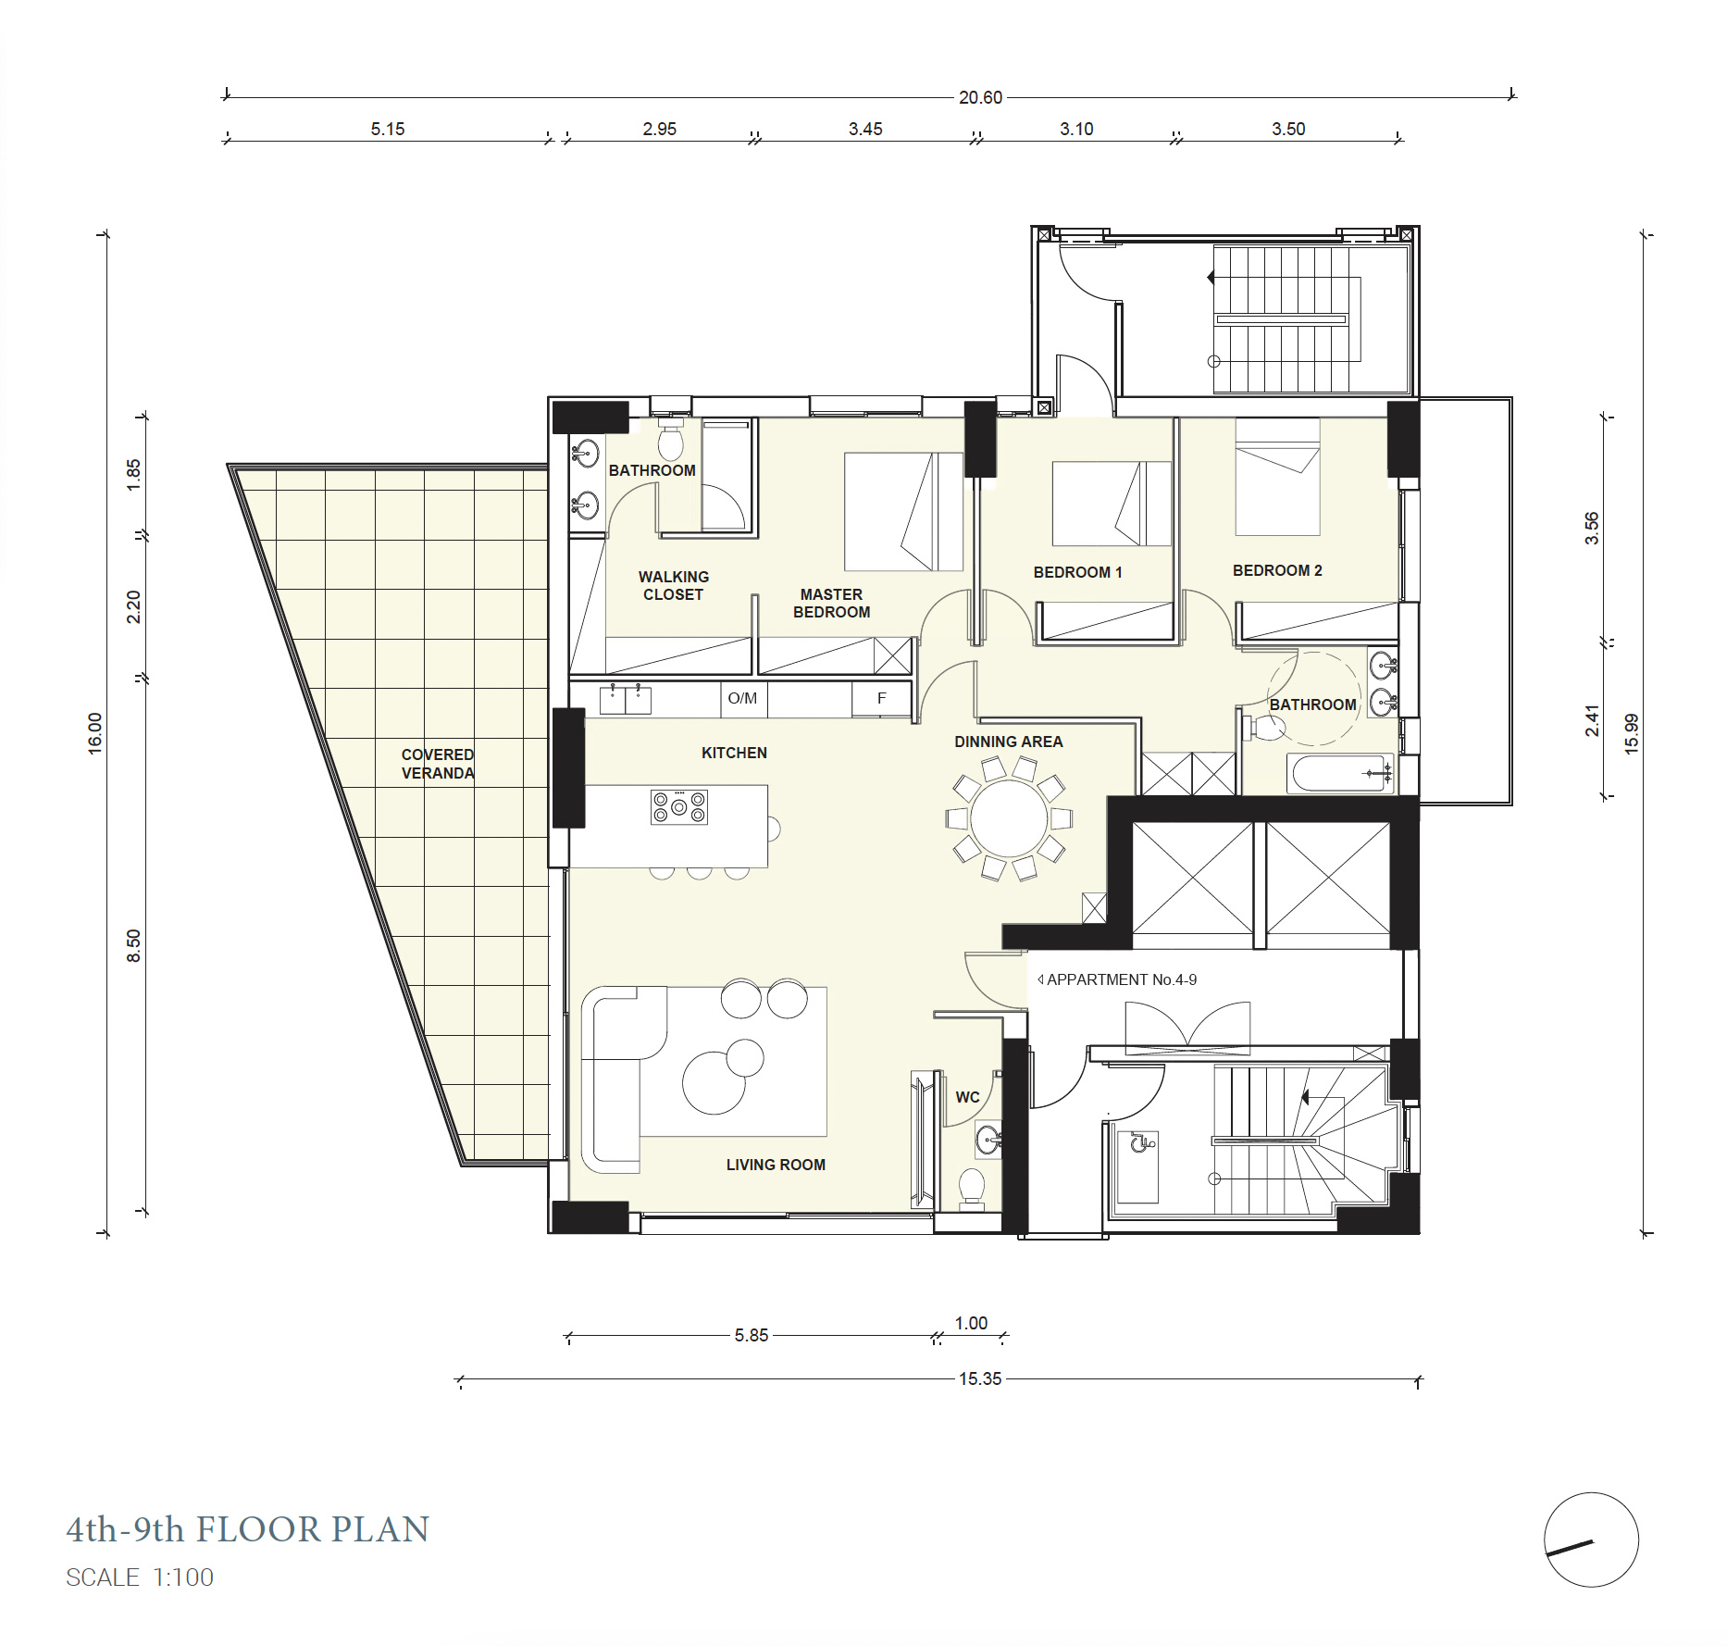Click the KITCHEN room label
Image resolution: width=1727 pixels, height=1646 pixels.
pyautogui.click(x=734, y=753)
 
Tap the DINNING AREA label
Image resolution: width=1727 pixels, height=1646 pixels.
pyautogui.click(x=1008, y=742)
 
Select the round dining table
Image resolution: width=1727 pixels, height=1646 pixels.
pyautogui.click(x=1009, y=818)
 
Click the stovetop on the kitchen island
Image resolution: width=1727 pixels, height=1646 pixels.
pyautogui.click(x=678, y=806)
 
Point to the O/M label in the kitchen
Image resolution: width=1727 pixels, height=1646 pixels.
pyautogui.click(x=742, y=698)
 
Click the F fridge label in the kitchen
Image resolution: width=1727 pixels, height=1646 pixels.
pyautogui.click(x=881, y=698)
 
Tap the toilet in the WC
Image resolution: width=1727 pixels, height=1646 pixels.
pyautogui.click(x=971, y=1188)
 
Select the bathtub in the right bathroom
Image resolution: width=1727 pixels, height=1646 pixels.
pyautogui.click(x=1340, y=773)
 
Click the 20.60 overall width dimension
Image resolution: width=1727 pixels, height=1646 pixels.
pyautogui.click(x=980, y=97)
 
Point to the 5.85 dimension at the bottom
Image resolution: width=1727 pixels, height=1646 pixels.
pyautogui.click(x=752, y=1335)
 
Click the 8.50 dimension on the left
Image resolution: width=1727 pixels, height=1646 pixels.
pyautogui.click(x=134, y=945)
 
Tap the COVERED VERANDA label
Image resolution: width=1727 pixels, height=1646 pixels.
pyautogui.click(x=438, y=764)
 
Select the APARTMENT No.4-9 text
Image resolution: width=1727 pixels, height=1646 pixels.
pyautogui.click(x=1121, y=979)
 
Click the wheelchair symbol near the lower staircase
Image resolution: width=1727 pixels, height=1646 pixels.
pyautogui.click(x=1141, y=1143)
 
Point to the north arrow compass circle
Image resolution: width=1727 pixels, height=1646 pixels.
pyautogui.click(x=1591, y=1540)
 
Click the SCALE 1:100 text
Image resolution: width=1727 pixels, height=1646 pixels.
pyautogui.click(x=140, y=1577)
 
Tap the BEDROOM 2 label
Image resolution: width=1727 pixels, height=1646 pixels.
pyautogui.click(x=1277, y=570)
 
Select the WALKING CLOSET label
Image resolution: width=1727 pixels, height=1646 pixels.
pyautogui.click(x=674, y=585)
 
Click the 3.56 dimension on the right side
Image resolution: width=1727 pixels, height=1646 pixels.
pyautogui.click(x=1592, y=528)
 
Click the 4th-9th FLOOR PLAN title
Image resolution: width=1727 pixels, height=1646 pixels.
pyautogui.click(x=248, y=1529)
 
